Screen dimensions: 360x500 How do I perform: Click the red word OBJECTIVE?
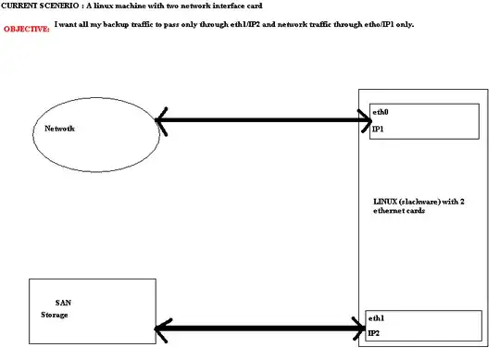coord(27,30)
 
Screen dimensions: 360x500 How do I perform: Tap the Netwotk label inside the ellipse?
coord(59,128)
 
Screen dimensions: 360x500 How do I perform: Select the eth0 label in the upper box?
coord(380,112)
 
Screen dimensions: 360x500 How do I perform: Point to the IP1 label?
coord(378,130)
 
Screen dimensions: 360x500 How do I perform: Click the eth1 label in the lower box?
coord(375,317)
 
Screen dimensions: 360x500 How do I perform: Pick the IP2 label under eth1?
coord(374,332)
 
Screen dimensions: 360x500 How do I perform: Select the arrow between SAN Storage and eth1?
coord(259,327)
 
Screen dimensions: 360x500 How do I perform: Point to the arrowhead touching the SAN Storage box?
coord(161,327)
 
